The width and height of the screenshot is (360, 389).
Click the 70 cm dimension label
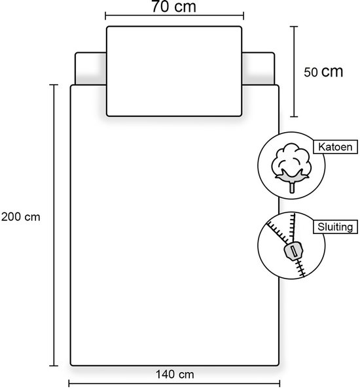(174, 7)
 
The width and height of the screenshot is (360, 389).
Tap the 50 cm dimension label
(323, 72)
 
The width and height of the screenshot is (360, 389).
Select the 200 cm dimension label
(21, 217)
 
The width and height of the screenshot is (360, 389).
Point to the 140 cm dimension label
(175, 375)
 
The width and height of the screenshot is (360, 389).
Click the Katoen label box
(335, 147)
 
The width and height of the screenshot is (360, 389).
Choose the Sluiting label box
(335, 227)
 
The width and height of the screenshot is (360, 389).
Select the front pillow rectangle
(174, 71)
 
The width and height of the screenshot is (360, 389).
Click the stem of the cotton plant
(292, 187)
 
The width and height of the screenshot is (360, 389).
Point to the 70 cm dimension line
(174, 16)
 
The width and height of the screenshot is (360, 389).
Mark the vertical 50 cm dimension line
(294, 71)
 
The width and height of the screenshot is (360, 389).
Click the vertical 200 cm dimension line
(54, 226)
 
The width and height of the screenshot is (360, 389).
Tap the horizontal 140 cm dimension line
(174, 384)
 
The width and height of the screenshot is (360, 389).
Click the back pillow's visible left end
(91, 69)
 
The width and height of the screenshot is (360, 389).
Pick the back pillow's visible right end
(259, 69)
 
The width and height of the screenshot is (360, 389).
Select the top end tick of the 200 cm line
(54, 85)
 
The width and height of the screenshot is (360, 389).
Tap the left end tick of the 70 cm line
(105, 16)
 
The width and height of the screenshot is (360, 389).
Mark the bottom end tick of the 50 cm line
(294, 116)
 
